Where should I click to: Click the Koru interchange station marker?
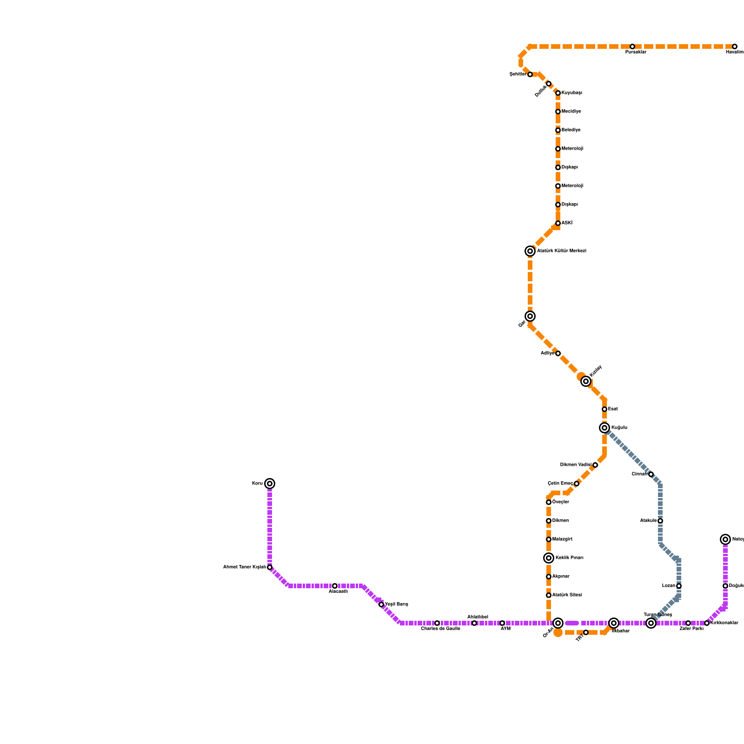point(270,484)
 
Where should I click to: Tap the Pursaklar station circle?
point(632,46)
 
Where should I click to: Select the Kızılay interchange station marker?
point(586,381)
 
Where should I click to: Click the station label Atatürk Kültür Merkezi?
point(561,251)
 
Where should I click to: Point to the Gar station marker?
point(530,316)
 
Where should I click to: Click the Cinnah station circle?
point(651,474)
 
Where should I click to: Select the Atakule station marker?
point(660,521)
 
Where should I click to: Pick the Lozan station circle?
point(679,586)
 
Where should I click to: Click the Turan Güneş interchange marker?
point(651,623)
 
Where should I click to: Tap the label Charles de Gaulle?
point(440,629)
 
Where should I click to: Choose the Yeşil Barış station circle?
point(381,604)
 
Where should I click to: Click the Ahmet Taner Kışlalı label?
point(245,567)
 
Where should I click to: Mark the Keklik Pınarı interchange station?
point(549,558)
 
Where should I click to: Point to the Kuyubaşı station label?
point(571,93)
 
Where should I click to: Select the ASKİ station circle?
point(558,223)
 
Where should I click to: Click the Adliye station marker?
point(558,353)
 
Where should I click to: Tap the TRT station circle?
point(586,632)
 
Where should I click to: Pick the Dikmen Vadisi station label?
point(576,465)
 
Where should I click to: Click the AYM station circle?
point(502,623)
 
